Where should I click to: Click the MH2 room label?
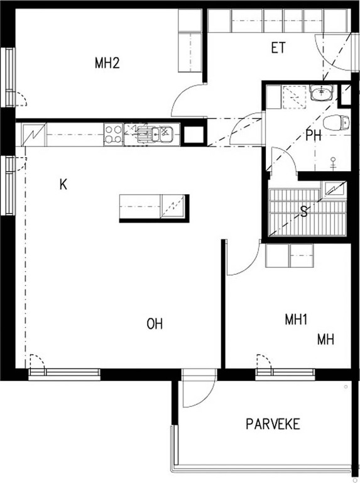[107, 63]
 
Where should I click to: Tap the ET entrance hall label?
[278, 48]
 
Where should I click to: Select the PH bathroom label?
[314, 135]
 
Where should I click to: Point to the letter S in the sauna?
[304, 212]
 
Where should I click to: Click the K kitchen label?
[63, 185]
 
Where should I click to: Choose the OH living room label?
[155, 324]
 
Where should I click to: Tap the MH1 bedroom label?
[296, 319]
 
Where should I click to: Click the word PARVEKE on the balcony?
[273, 424]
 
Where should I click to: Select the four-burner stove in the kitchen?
[114, 135]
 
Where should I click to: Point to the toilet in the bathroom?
[336, 122]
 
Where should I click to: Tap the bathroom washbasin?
[322, 93]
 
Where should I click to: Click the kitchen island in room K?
[154, 208]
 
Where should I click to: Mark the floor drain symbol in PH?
[333, 164]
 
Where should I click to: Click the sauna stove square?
[333, 188]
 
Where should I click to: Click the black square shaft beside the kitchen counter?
[194, 135]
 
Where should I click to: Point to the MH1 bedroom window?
[285, 372]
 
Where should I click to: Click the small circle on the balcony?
[346, 387]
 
